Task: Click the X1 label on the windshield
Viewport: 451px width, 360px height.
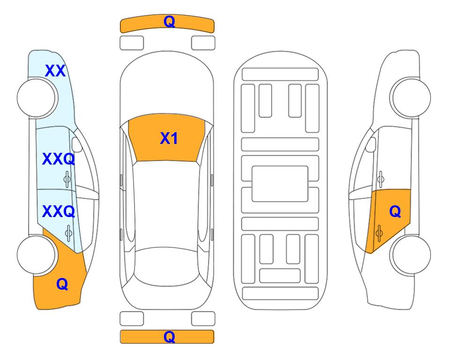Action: (x=169, y=138)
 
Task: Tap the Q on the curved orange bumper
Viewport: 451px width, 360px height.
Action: (x=169, y=21)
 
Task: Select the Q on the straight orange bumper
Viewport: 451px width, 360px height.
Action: (x=169, y=337)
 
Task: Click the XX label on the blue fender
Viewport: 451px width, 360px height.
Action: (x=55, y=71)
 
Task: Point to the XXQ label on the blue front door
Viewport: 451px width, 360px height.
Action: (x=59, y=159)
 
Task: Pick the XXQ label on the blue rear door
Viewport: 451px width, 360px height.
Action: (x=59, y=211)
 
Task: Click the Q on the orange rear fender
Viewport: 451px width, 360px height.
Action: (x=62, y=284)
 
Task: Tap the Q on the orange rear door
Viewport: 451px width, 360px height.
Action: (x=395, y=212)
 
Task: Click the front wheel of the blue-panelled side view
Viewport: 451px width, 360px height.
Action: (x=37, y=97)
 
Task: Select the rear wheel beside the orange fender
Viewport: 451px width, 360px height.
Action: (x=37, y=255)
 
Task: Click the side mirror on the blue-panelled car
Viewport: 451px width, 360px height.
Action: (x=77, y=144)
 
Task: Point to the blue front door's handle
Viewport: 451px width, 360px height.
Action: (x=67, y=179)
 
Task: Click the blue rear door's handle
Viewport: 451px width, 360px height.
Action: (x=68, y=232)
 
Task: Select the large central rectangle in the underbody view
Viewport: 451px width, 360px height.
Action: (x=280, y=184)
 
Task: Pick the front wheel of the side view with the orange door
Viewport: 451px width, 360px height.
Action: (x=410, y=97)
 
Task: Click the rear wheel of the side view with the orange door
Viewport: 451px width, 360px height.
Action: (x=410, y=255)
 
